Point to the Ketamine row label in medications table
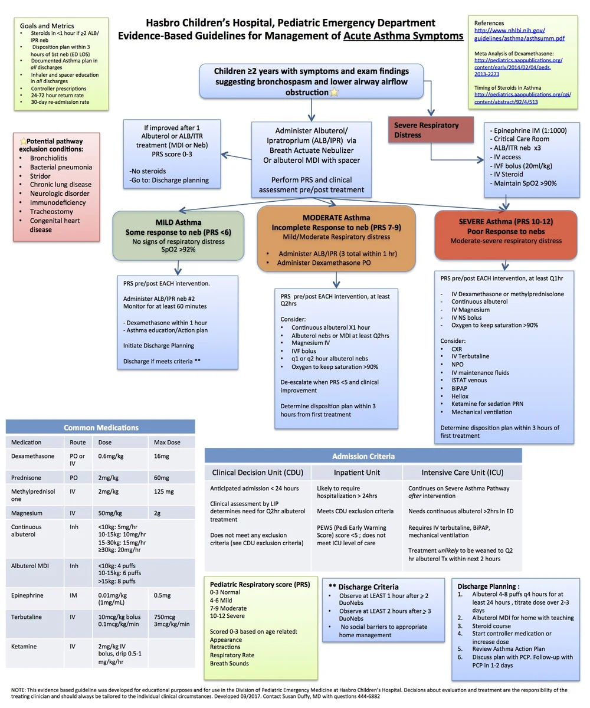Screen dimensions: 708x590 [23, 646]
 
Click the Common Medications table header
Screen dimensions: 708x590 [101, 427]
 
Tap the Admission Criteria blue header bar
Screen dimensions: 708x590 [363, 456]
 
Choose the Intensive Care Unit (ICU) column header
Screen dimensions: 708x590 [462, 473]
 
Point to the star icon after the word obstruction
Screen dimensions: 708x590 [335, 93]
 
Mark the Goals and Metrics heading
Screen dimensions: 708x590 [47, 26]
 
